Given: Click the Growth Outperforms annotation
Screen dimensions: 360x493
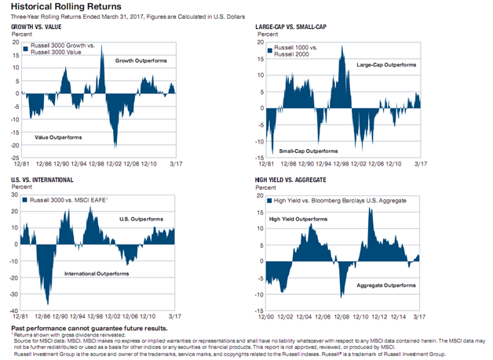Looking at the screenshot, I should [141, 60].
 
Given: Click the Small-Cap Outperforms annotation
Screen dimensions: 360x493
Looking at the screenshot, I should [309, 148].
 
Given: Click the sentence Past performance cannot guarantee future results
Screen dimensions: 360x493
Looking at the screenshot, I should [79, 325].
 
